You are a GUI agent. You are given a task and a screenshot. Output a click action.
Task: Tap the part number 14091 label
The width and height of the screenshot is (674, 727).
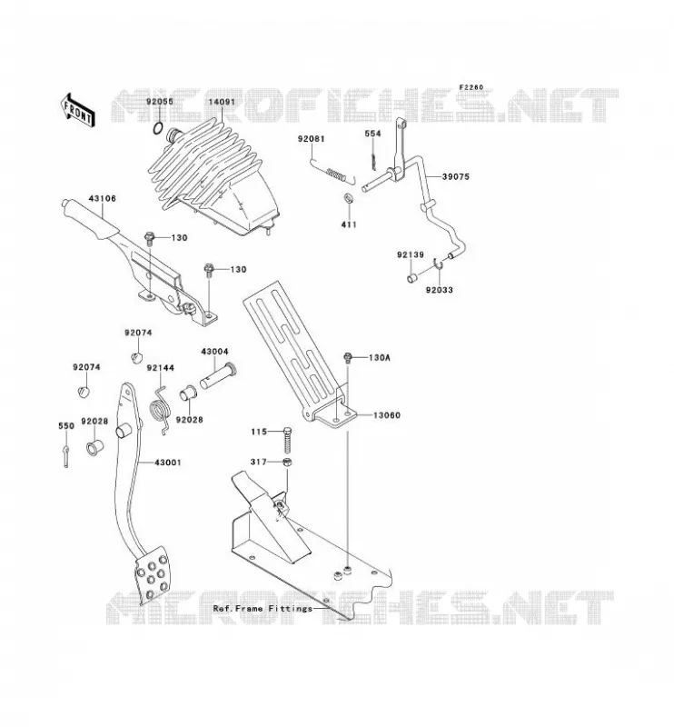coord(222,102)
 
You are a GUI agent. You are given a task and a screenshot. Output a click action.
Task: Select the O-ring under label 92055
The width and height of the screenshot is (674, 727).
coord(158,128)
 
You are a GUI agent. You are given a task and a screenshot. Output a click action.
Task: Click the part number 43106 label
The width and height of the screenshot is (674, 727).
coord(102,198)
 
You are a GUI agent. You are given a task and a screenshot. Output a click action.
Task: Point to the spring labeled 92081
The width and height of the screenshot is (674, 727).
coord(332,171)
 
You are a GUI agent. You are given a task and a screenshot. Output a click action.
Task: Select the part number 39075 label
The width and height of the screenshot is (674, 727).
coord(455,176)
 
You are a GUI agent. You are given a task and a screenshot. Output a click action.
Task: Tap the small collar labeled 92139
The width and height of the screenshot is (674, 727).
coord(411,278)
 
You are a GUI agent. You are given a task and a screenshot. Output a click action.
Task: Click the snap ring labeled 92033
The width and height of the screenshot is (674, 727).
coord(438,264)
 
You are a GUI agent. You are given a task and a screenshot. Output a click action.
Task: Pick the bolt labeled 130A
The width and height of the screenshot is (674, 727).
coord(347,358)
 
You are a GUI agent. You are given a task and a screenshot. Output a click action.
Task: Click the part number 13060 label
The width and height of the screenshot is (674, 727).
coord(387,415)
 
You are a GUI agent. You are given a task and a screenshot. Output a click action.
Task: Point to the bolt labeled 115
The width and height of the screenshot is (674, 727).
coord(286,440)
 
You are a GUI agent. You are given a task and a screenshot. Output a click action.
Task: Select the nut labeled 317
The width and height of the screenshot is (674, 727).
coord(287,462)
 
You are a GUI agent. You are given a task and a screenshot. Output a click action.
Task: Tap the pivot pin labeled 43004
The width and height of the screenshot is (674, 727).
coord(218,377)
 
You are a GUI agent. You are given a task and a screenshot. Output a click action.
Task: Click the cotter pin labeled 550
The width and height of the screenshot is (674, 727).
coord(66,456)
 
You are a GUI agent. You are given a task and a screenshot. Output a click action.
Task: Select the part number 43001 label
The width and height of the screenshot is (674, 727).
coord(168,463)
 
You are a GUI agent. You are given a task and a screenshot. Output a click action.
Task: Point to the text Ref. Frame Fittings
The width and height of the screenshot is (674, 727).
coord(263,608)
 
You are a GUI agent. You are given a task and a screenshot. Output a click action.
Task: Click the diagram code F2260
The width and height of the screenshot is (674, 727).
coord(471,87)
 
